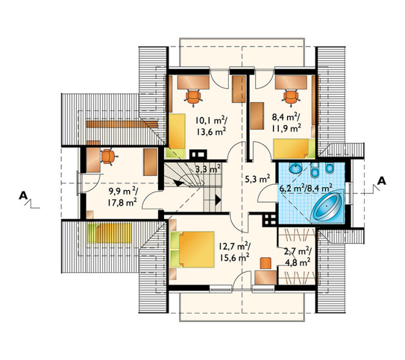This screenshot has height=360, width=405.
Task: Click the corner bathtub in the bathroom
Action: coord(327,206)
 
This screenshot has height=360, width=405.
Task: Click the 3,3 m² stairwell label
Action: coord(208,169)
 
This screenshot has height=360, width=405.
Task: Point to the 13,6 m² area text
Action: coord(211,132)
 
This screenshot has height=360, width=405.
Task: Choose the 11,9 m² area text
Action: coord(286,128)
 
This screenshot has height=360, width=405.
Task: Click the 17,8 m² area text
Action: coord(122,203)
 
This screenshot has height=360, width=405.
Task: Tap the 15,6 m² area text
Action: coord(234,257)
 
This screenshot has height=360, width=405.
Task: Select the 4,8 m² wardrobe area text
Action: coord(298,262)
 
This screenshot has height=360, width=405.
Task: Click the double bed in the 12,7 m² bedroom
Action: coord(193,249)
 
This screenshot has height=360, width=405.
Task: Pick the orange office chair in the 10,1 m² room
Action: coord(193,98)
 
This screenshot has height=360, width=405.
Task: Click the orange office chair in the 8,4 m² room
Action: coord(291,98)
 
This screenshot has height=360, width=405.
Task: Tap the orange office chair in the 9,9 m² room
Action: coord(108,157)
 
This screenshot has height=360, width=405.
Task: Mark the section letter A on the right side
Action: coord(382,181)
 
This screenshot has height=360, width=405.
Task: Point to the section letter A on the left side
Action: coord(23,196)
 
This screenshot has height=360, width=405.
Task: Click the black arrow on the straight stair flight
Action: coord(218,200)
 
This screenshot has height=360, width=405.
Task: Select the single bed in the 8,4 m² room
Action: coord(294,148)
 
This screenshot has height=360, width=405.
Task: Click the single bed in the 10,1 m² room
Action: coord(176,136)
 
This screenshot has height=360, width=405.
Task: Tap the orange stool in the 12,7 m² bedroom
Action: coord(266,263)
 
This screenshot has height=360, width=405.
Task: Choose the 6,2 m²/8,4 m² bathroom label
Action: coord(305,188)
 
